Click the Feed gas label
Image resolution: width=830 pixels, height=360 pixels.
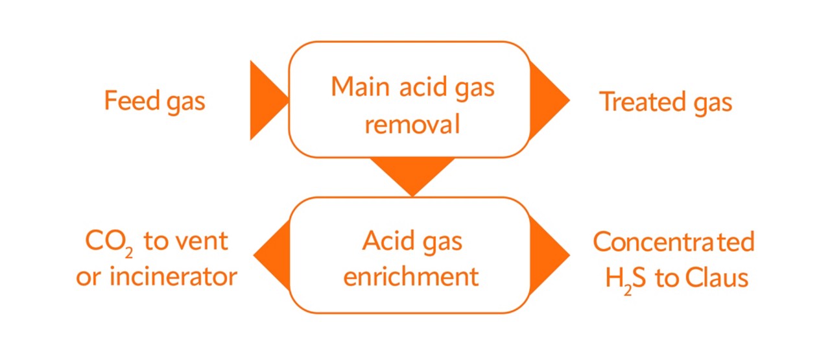click(x=154, y=102)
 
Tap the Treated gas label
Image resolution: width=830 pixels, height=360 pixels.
click(x=665, y=102)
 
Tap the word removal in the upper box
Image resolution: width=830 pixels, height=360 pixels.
click(x=412, y=123)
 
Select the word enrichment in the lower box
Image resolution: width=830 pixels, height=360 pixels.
click(x=411, y=277)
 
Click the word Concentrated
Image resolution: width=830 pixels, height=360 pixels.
click(x=674, y=242)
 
